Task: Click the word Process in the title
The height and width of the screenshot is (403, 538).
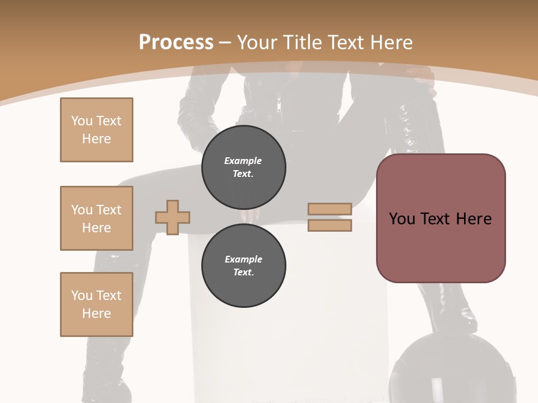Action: [x=176, y=43]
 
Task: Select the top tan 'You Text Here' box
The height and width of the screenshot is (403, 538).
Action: [x=96, y=130]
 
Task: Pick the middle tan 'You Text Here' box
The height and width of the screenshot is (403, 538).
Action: [x=96, y=218]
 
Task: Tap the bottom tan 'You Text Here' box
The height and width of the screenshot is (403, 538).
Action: [x=96, y=304]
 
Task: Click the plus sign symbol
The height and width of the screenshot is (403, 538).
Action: [x=173, y=217]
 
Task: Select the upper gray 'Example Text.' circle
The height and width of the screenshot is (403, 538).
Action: [x=243, y=167]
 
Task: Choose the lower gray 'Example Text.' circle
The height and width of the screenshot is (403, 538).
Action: [x=243, y=266]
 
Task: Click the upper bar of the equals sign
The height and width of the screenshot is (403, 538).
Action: [x=330, y=209]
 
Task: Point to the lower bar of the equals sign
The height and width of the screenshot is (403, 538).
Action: [x=330, y=225]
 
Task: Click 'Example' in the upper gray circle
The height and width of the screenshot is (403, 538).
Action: [x=243, y=161]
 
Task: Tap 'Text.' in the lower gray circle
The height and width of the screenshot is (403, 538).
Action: [x=243, y=273]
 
